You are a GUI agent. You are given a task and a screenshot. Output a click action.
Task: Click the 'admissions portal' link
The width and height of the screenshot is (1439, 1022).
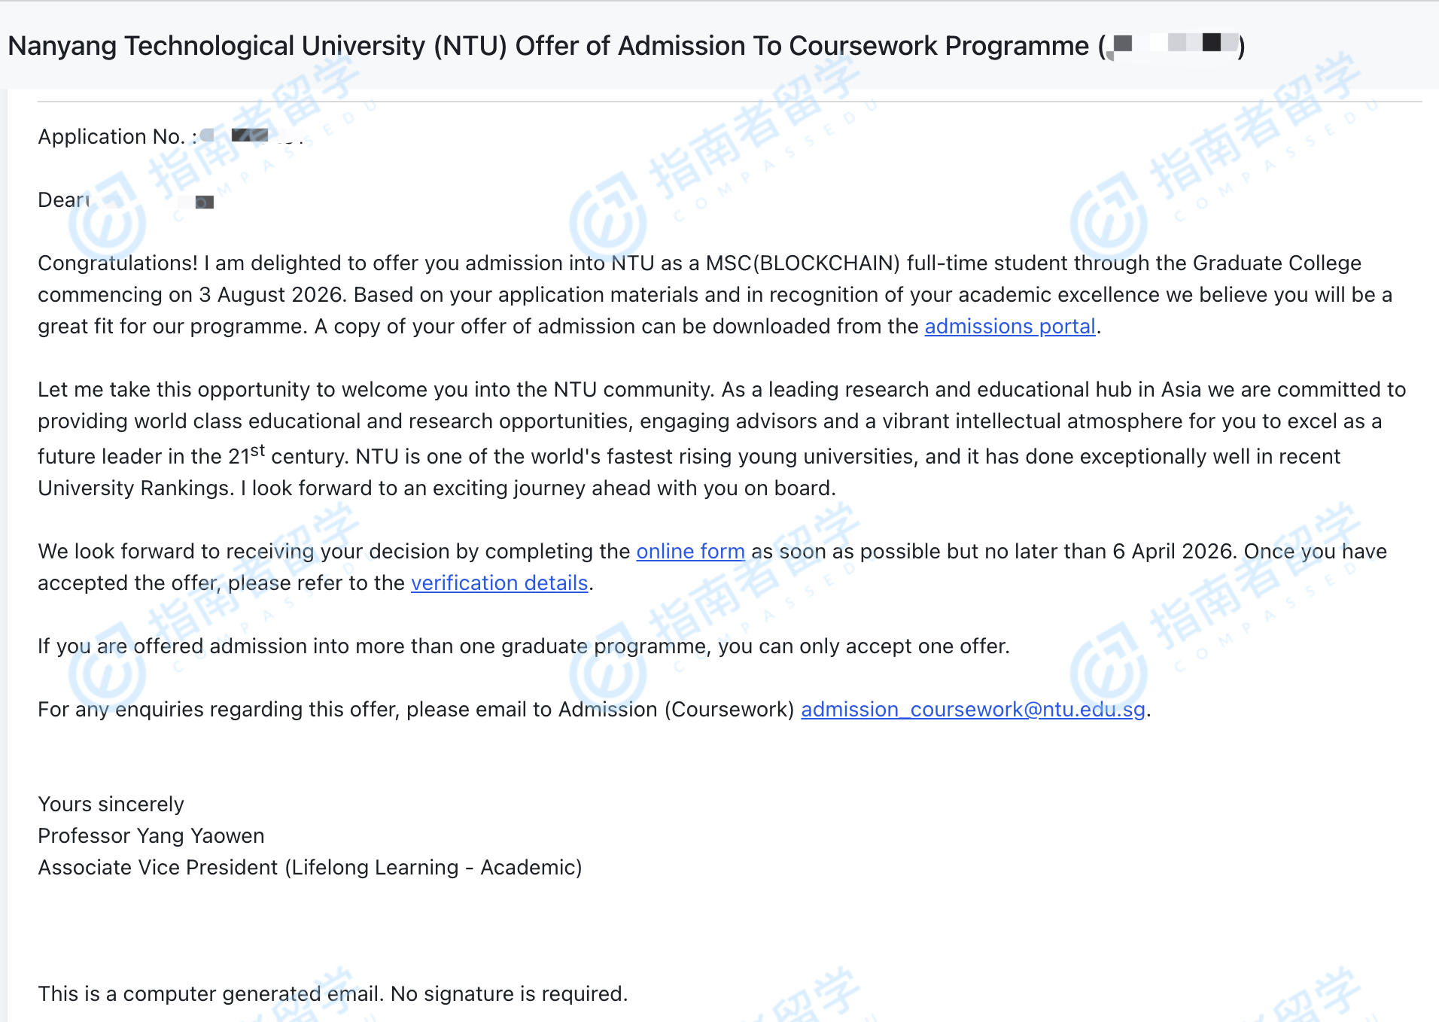pos(1009,327)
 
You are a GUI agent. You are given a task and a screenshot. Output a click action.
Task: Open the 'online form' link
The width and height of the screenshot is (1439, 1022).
pos(690,552)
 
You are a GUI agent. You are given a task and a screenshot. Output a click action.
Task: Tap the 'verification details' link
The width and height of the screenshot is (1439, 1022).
pos(499,583)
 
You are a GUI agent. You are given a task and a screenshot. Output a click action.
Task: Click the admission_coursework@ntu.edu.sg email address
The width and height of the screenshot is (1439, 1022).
pos(972,710)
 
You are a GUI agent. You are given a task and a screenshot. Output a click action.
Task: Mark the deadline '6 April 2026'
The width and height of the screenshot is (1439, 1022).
pos(1173,552)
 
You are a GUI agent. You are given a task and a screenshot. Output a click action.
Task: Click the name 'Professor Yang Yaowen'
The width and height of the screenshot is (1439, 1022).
pos(151,836)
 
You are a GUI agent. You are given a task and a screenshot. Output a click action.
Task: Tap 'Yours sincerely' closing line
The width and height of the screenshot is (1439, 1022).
pos(111,805)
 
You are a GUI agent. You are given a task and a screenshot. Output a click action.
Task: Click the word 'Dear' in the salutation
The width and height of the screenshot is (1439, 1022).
pos(62,200)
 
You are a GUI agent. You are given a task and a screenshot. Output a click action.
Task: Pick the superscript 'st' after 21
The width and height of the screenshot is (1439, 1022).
pos(257,451)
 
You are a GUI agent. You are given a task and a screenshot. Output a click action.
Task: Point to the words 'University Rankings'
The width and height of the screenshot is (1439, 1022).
pos(135,488)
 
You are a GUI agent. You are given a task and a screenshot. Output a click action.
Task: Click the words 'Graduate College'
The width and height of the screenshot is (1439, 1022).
pos(1276,263)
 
